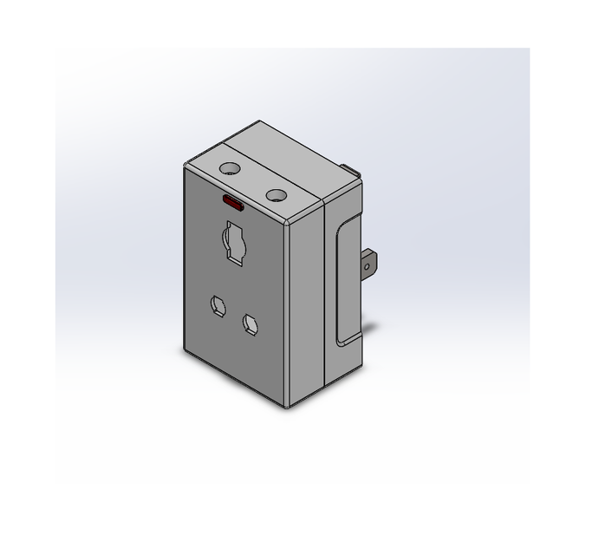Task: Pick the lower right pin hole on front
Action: (251, 324)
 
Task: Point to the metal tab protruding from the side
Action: (368, 265)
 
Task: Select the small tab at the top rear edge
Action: (351, 167)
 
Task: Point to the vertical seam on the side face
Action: (324, 295)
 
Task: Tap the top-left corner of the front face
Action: (186, 168)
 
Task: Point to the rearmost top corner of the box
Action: (259, 122)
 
